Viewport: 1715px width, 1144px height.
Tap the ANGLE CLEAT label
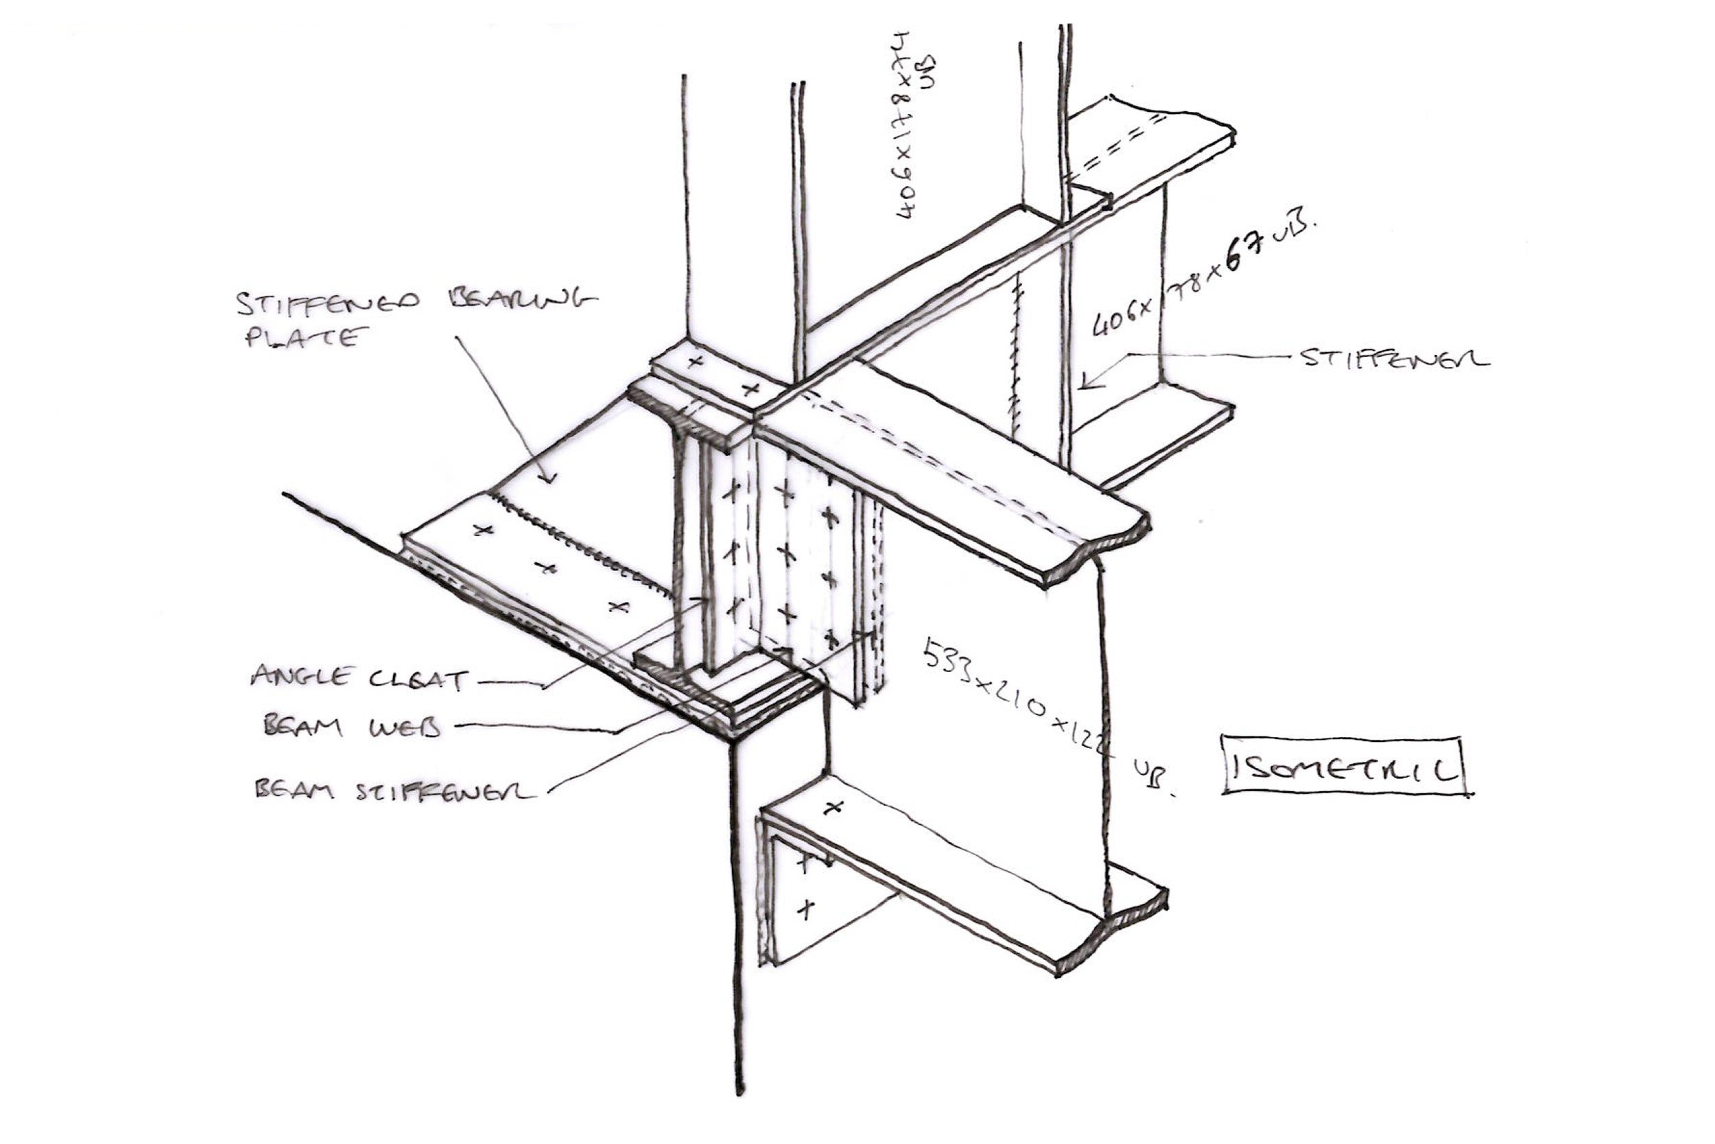pos(359,678)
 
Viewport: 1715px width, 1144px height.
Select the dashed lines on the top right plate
pos(1115,150)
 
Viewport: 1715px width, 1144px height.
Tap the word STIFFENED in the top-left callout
pos(327,302)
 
